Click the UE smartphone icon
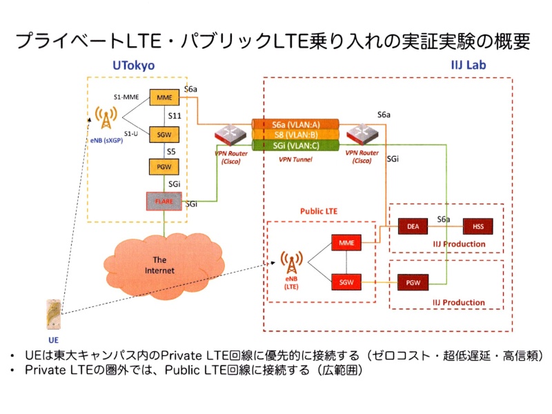pos(53,315)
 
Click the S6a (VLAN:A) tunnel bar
pos(296,124)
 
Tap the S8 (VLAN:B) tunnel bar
pos(296,135)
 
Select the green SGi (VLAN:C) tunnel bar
pos(296,145)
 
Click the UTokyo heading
pos(133,66)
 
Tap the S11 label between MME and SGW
pos(175,116)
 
